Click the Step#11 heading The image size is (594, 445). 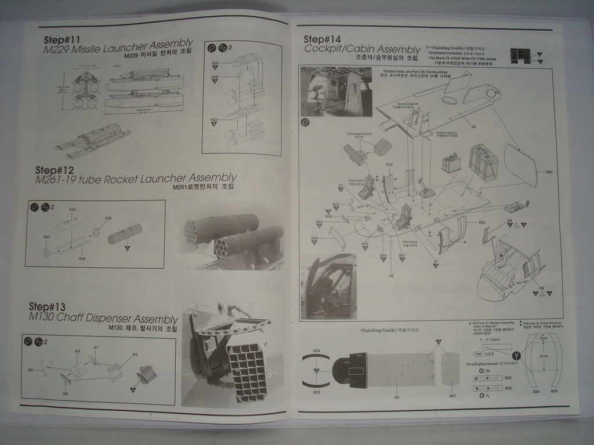pyautogui.click(x=61, y=40)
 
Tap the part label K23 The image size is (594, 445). pyautogui.click(x=215, y=63)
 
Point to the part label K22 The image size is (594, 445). pyautogui.click(x=214, y=120)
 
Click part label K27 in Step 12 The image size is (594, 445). pyautogui.click(x=47, y=237)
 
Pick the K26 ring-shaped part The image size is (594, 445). pyautogui.click(x=96, y=232)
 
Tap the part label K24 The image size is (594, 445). pyautogui.click(x=73, y=209)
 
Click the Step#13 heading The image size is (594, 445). pyautogui.click(x=47, y=307)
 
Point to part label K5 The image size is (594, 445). pyautogui.click(x=135, y=354)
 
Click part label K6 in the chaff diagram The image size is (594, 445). pyautogui.click(x=66, y=393)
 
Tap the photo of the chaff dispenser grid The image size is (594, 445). pyautogui.click(x=247, y=371)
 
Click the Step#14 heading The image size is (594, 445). pyautogui.click(x=322, y=39)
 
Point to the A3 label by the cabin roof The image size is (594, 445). pyautogui.click(x=473, y=126)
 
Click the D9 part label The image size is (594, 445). pyautogui.click(x=541, y=288)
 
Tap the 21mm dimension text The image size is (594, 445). pyautogui.click(x=544, y=356)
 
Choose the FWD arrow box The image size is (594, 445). pyautogui.click(x=479, y=354)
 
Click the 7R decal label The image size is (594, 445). pyautogui.click(x=487, y=371)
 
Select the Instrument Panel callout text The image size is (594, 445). pyautogui.click(x=359, y=134)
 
